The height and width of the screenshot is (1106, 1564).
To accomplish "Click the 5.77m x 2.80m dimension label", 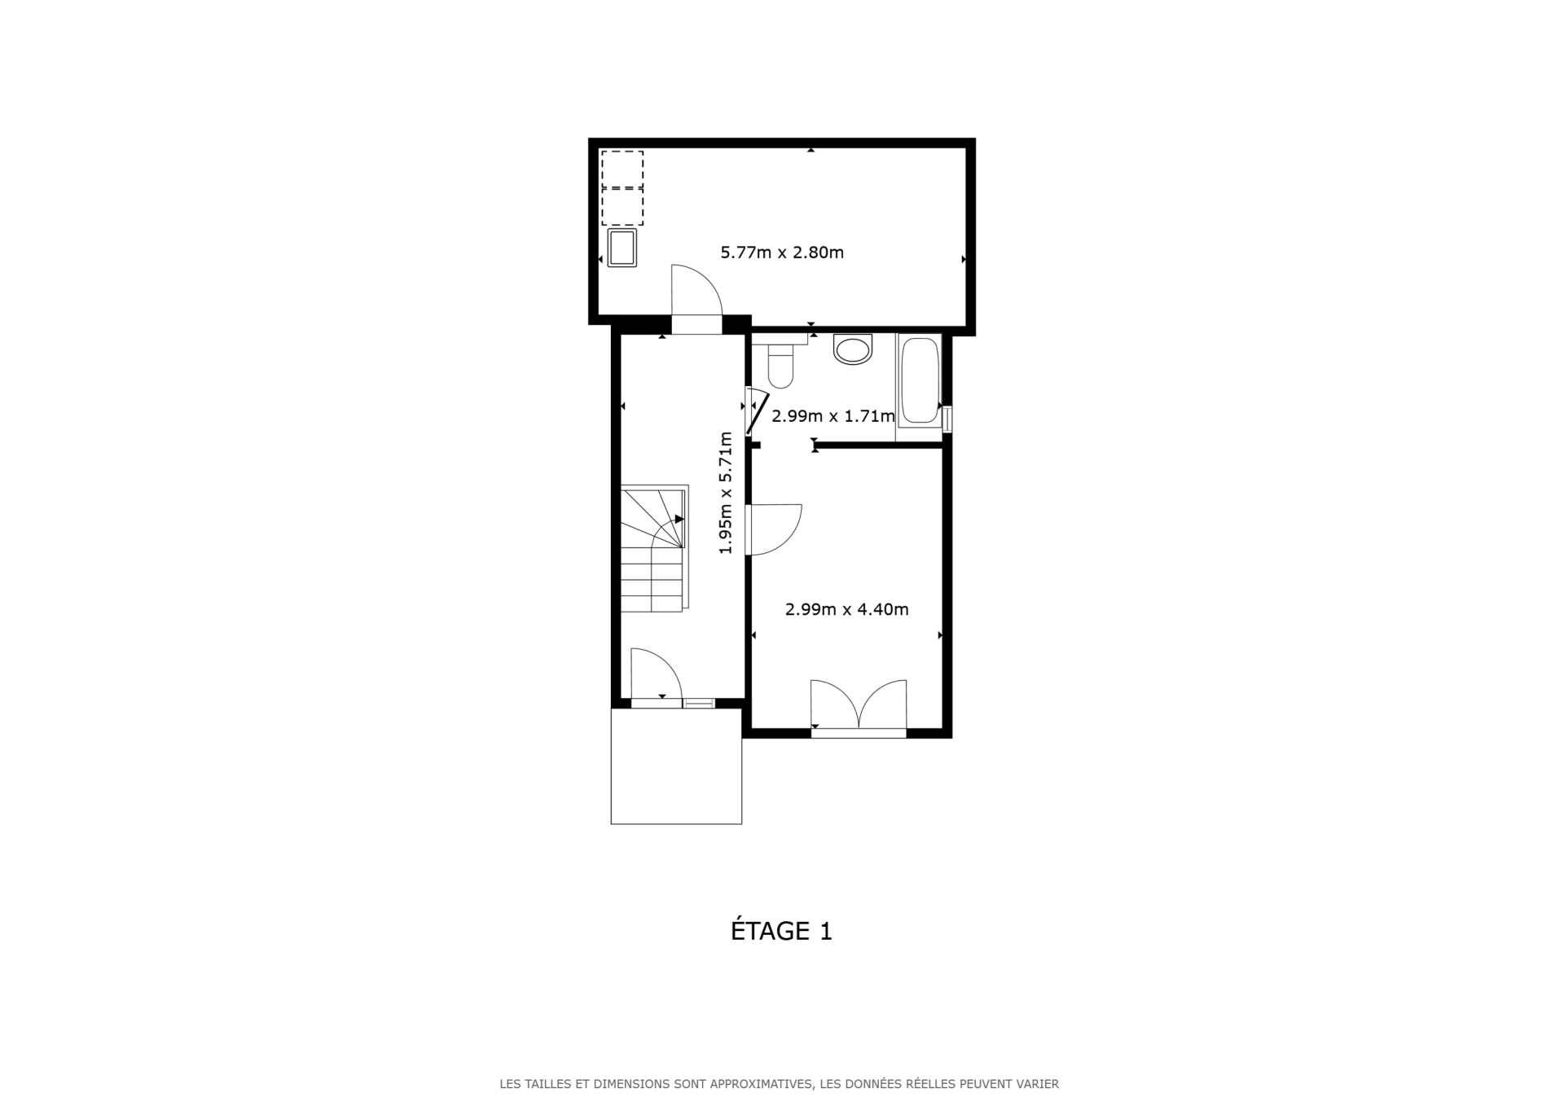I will click(x=781, y=252).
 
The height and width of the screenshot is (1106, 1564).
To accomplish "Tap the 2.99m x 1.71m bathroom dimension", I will click(x=833, y=416).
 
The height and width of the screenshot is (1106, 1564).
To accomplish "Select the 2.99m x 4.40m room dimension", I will click(x=846, y=609).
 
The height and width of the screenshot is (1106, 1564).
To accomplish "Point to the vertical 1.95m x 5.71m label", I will click(x=725, y=493).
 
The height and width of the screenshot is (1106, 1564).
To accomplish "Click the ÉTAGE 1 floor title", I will click(x=781, y=931).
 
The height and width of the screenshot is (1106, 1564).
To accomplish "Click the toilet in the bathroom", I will click(x=780, y=364).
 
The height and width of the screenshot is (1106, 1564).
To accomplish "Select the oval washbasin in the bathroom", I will click(x=853, y=350).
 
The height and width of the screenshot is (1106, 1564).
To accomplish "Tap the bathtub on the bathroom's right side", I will click(x=919, y=380).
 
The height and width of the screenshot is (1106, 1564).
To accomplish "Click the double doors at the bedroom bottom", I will click(x=859, y=705).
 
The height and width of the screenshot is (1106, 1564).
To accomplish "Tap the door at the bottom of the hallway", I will click(x=655, y=674).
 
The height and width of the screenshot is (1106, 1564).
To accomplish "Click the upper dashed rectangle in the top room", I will click(x=622, y=169).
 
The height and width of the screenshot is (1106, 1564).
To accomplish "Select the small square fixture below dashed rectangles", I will click(x=622, y=248).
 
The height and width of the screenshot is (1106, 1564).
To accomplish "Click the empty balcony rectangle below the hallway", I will click(x=676, y=766).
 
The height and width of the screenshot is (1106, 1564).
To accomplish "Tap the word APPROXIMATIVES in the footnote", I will click(x=760, y=1084).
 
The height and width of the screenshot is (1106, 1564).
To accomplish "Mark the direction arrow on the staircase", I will click(x=679, y=519).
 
